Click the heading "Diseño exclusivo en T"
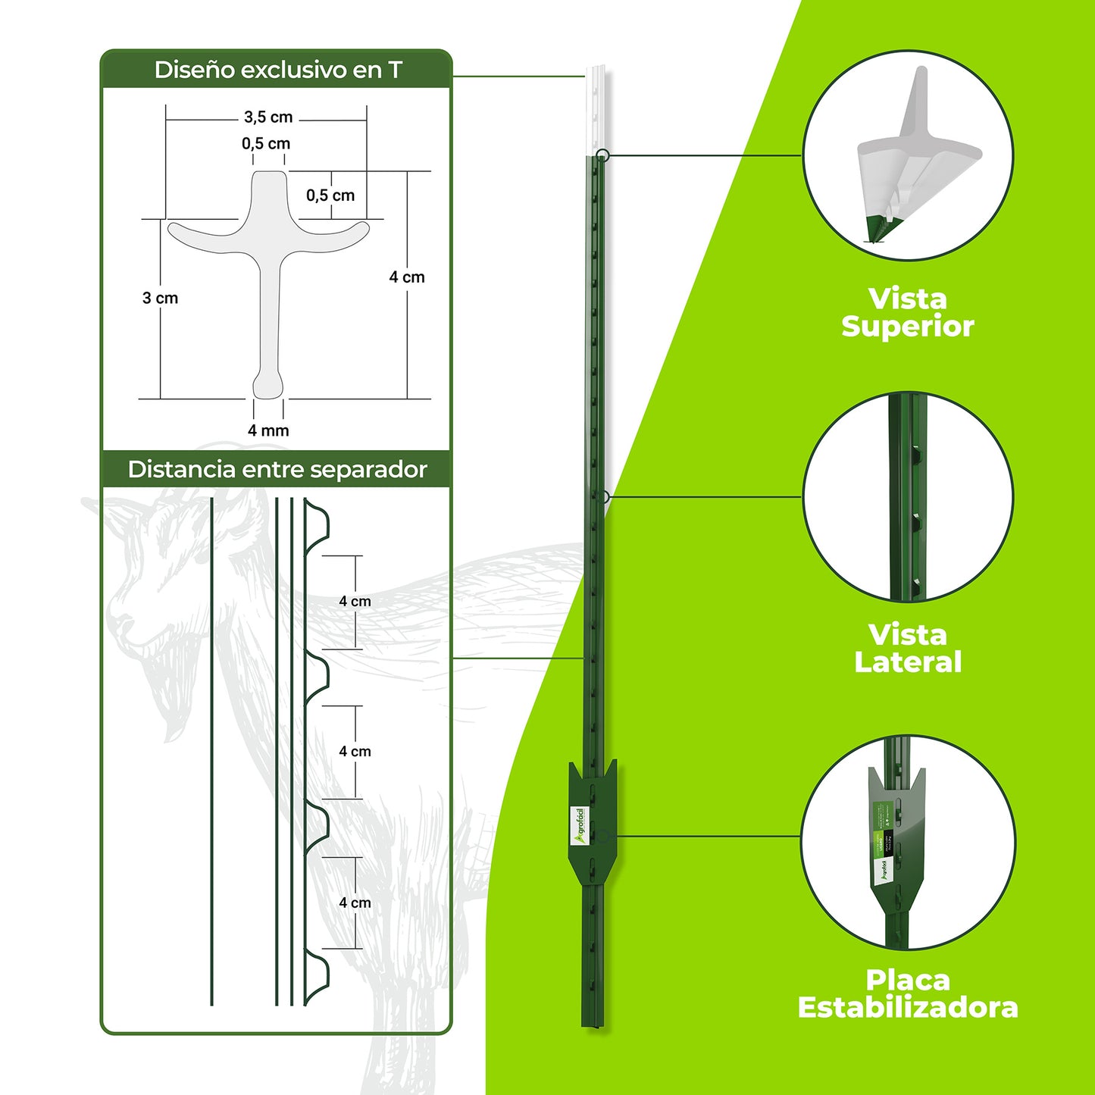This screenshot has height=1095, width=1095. coord(277,70)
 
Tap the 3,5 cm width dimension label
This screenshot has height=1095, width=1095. coord(268,117)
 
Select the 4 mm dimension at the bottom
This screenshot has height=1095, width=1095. coord(268,430)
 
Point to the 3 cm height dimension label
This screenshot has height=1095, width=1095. coord(160,298)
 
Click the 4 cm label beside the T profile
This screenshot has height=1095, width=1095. coord(407,277)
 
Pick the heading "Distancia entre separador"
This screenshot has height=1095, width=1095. coord(277,469)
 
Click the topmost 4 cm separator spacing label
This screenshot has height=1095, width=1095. coord(355,602)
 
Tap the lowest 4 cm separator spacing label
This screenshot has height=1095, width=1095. coord(355,903)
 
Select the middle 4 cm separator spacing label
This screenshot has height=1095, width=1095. coord(355,752)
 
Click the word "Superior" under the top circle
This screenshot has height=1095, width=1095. coord(907,327)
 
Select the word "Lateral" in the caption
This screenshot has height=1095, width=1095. coord(907,662)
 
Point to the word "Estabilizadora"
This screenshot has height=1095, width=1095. coord(907,1008)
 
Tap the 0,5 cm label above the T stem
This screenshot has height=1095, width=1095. coord(266,143)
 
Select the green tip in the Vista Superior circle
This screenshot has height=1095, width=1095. coord(879,227)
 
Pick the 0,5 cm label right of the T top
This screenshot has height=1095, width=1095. coord(330,196)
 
